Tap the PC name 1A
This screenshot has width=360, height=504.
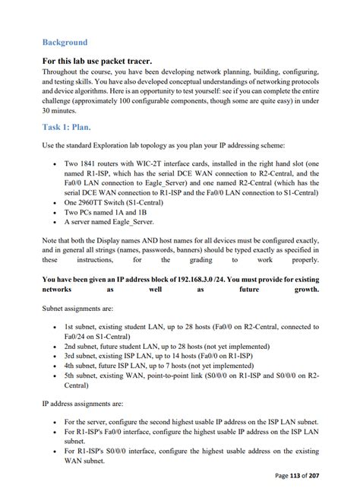coord(119,212)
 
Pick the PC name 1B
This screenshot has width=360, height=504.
coord(143,212)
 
